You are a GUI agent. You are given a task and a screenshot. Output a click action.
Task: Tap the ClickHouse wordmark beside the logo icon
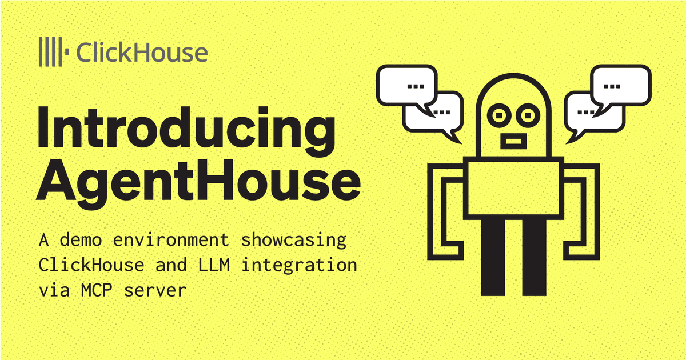pos(141,53)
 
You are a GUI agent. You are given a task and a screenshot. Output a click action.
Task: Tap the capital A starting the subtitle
pos(43,240)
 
